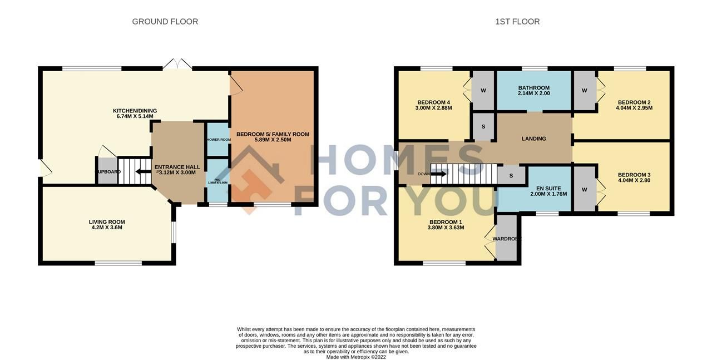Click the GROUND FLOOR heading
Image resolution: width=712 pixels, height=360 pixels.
[x=165, y=22]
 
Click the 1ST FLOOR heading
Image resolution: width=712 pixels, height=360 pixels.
[x=517, y=22]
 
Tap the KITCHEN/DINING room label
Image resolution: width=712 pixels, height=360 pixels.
[x=135, y=111]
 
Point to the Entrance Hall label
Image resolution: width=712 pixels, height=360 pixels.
[x=177, y=167]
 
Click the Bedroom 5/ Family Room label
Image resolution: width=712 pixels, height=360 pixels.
[x=273, y=134]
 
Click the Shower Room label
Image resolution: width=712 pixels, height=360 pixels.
[x=218, y=140]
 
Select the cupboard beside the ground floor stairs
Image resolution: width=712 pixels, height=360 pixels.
[x=108, y=171]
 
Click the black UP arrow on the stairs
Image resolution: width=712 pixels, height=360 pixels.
[x=142, y=171]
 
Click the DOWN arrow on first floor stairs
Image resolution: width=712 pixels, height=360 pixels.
[x=438, y=174]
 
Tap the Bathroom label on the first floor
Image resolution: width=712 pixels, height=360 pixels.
[x=533, y=88]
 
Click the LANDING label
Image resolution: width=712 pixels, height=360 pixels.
[x=533, y=139]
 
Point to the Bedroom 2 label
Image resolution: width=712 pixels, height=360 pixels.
[x=634, y=102]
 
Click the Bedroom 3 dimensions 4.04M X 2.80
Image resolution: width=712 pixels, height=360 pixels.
[x=634, y=181]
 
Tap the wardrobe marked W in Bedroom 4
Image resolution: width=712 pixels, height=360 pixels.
[x=483, y=91]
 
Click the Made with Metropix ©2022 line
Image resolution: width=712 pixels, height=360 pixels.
[x=356, y=357]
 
